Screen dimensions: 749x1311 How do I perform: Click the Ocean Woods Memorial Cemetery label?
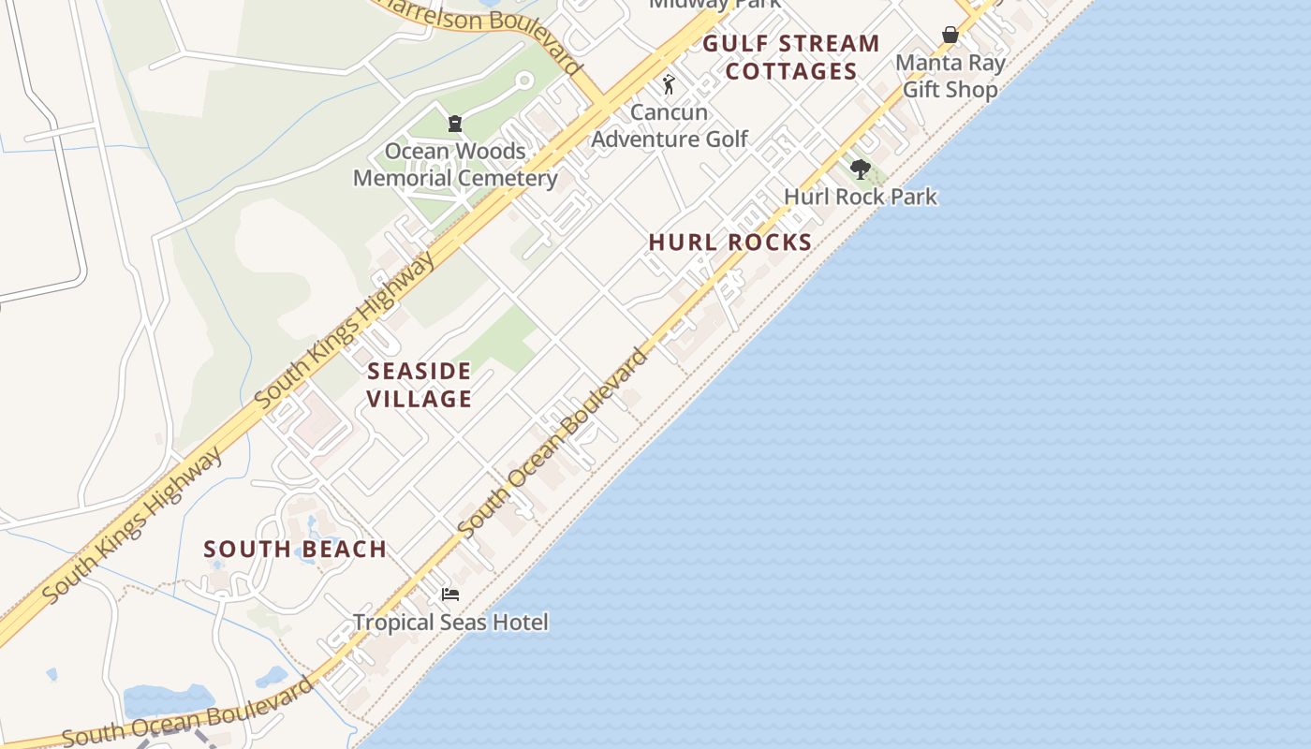click(x=455, y=165)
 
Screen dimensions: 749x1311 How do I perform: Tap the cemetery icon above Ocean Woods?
click(x=455, y=123)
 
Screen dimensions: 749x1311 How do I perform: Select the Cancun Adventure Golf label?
click(x=670, y=125)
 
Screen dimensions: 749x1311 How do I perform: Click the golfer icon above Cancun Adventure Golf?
click(x=669, y=84)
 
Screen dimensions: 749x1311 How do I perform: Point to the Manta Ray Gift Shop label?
click(x=950, y=76)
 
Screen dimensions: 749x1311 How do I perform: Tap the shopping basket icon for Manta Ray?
click(x=950, y=35)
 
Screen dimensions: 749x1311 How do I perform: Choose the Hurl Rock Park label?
click(x=861, y=197)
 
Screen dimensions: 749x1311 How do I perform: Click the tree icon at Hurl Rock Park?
click(x=861, y=169)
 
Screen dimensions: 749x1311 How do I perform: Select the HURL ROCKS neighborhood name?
click(x=730, y=242)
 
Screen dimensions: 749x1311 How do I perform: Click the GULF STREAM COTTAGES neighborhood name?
click(x=791, y=57)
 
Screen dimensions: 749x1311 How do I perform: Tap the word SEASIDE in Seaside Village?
click(x=419, y=371)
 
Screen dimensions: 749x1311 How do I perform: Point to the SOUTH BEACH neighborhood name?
click(x=295, y=549)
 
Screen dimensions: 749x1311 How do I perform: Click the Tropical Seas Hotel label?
click(x=450, y=622)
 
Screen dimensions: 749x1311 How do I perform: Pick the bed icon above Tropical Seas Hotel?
click(x=450, y=594)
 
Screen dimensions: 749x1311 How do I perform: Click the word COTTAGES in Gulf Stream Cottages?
click(x=791, y=71)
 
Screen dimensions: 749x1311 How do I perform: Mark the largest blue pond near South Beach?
click(x=169, y=699)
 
